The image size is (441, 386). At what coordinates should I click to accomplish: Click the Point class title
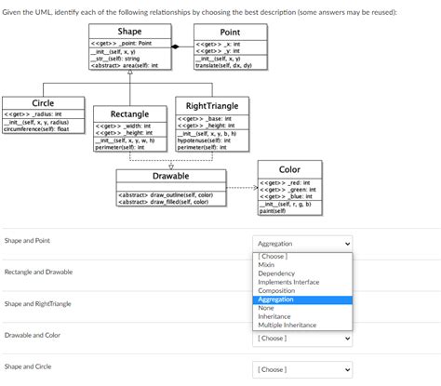pos(229,33)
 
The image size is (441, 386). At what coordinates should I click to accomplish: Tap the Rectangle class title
pos(130,113)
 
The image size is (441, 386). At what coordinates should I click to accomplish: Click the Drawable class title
pos(170,176)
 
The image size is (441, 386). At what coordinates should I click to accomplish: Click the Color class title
pos(289,169)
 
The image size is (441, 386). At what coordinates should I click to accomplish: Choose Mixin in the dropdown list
pos(267,265)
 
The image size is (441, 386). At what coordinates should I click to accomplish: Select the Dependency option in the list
pos(276,273)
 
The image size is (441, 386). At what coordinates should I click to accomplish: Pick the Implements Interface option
pos(288,282)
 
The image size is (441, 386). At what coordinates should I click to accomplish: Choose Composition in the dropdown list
pos(276,291)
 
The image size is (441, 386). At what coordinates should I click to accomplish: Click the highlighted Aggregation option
pos(276,299)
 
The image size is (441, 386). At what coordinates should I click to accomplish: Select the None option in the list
pos(266,308)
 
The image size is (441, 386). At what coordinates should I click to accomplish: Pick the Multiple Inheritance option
pos(287,325)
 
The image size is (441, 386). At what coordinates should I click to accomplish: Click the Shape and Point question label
pos(27,241)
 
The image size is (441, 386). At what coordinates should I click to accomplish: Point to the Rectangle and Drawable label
pos(38,272)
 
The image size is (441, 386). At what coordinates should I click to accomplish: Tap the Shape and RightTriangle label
pos(37,303)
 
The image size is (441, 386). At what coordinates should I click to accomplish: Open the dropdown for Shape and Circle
pos(303,369)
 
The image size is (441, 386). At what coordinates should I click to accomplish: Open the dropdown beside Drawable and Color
pos(303,339)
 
